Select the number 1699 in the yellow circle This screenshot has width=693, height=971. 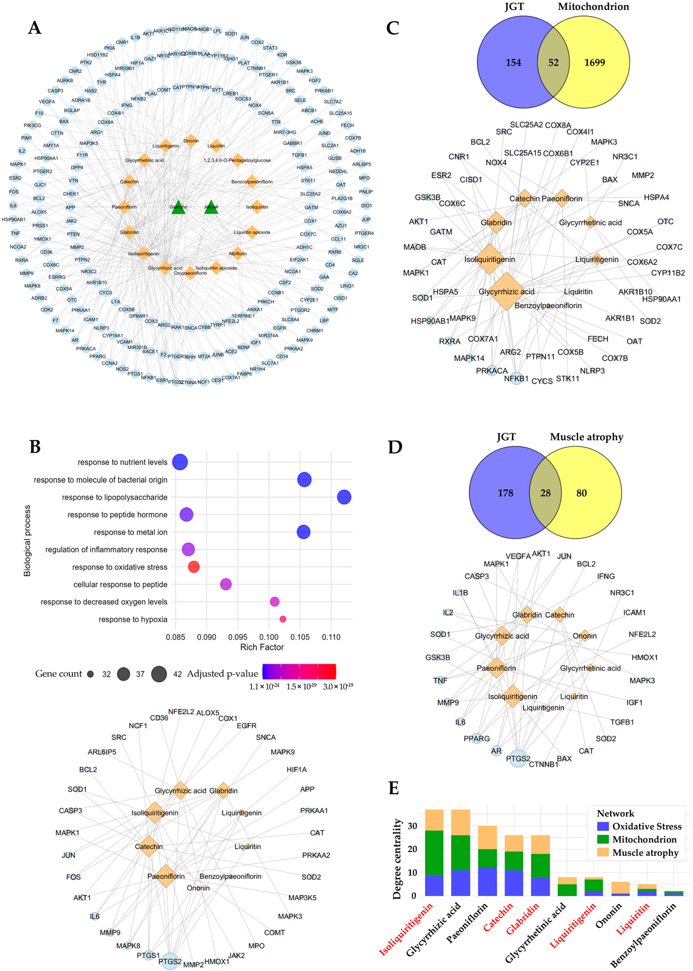594,63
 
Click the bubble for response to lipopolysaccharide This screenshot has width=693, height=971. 344,497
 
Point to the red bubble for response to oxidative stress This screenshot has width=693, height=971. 194,567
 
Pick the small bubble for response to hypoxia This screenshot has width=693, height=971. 282,619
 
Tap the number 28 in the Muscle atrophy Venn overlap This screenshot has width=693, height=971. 545,493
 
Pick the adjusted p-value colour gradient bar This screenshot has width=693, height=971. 299,672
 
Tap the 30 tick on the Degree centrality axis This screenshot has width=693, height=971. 412,826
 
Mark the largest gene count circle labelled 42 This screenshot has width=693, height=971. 159,674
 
